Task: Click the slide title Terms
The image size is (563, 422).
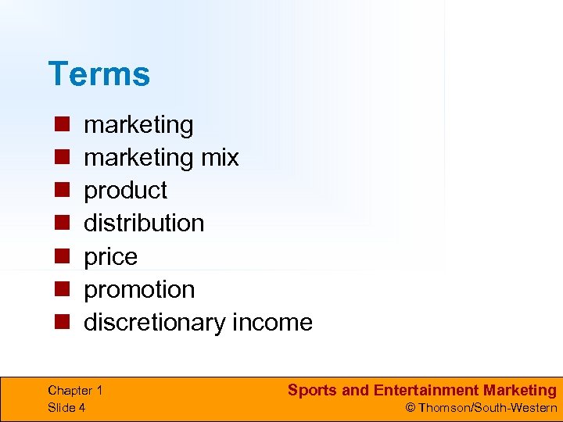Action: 99,74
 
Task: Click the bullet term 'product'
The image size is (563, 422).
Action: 125,190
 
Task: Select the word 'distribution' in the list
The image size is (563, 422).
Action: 144,223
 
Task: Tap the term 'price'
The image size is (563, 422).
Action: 110,256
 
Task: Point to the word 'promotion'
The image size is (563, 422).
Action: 139,289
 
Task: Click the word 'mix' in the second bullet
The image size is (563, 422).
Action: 220,157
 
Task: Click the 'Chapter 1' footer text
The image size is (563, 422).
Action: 75,391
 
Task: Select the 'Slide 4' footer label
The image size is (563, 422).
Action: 67,407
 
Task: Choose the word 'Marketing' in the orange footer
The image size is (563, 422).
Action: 520,390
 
